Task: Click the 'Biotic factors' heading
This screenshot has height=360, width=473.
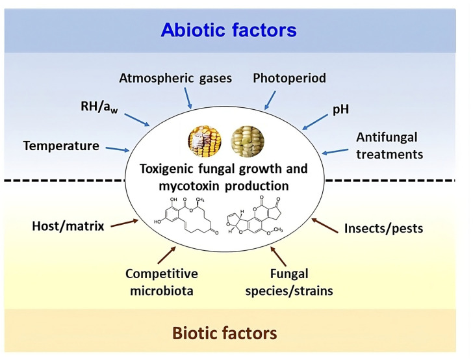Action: click(x=224, y=333)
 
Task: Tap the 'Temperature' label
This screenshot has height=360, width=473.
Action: click(x=61, y=146)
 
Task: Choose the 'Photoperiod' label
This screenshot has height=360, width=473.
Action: click(x=289, y=79)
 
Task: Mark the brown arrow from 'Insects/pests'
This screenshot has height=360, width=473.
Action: click(x=324, y=225)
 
